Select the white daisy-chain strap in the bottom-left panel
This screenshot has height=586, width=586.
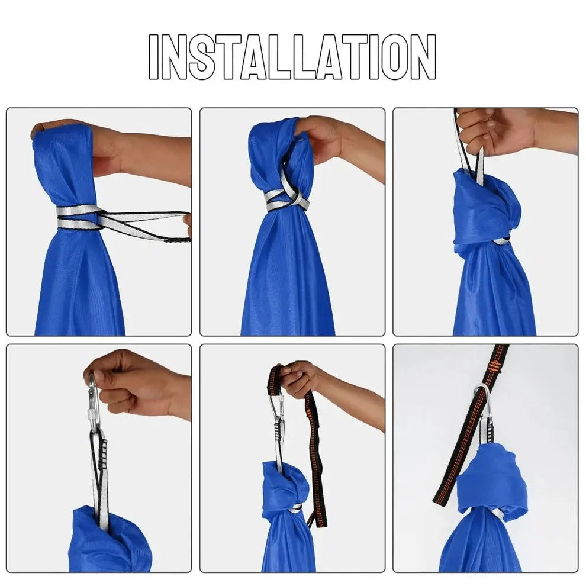[100, 474]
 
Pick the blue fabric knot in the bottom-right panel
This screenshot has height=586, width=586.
[494, 479]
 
